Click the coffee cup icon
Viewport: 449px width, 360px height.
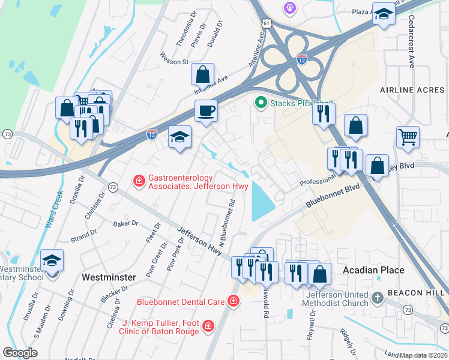[x=206, y=110]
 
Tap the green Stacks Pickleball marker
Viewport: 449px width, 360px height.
[x=261, y=103]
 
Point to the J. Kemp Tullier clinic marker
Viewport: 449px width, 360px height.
[x=208, y=326]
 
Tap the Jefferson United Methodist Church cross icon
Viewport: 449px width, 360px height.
[x=377, y=298]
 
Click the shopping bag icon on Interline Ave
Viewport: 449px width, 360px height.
[x=203, y=74]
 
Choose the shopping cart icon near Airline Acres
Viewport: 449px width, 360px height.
[x=408, y=137]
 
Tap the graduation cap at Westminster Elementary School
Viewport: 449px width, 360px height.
[x=52, y=260]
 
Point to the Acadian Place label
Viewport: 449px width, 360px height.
[x=373, y=270]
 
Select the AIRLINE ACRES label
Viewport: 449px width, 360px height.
[x=412, y=90]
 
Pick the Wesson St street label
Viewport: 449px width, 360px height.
[x=174, y=61]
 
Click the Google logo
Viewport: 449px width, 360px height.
[x=20, y=353]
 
